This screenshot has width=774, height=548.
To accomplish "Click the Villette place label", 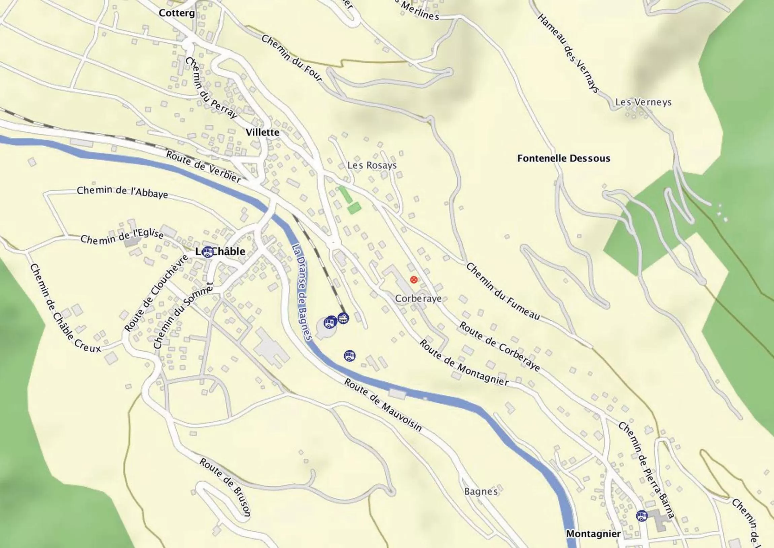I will [x=262, y=132].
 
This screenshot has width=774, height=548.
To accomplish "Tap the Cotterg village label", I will [x=177, y=13].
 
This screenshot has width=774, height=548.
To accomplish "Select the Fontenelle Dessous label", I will [x=564, y=158].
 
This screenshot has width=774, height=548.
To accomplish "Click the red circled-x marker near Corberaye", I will [x=414, y=280].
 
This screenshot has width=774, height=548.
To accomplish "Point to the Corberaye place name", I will [x=418, y=299].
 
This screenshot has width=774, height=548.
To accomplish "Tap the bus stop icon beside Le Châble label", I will [x=208, y=252].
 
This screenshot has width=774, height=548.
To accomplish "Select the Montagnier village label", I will [x=593, y=534].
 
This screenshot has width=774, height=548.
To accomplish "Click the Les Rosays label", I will [x=372, y=165].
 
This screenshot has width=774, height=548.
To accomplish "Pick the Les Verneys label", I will [x=643, y=102].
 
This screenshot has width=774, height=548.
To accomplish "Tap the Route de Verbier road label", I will [x=204, y=166].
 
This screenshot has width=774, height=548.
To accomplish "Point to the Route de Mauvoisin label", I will [x=383, y=405].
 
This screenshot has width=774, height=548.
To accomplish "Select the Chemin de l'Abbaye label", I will [x=122, y=192].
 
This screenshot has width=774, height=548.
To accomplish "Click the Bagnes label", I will [x=481, y=491].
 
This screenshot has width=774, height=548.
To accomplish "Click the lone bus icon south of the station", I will [x=350, y=356].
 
